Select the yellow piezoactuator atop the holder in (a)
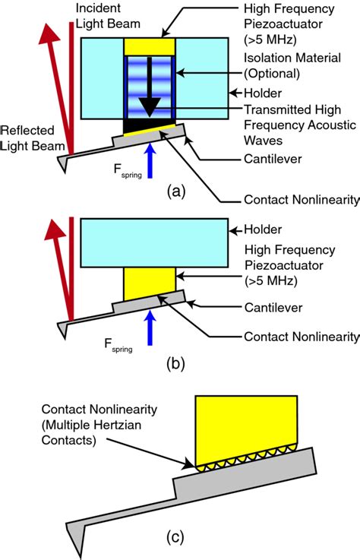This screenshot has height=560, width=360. tap(150, 46)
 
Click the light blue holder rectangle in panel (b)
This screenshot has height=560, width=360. tap(152, 240)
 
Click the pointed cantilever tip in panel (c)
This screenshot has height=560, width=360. tap(72, 527)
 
